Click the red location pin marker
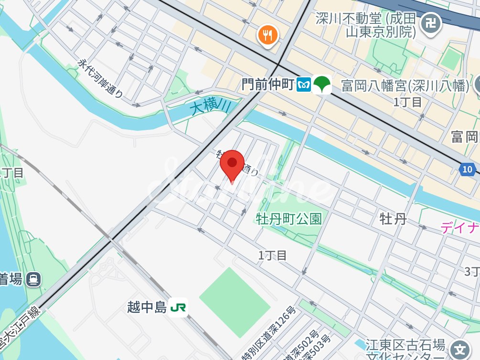click(232, 164)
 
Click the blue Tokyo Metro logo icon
click(304, 85)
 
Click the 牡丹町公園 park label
click(288, 219)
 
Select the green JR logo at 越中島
click(179, 307)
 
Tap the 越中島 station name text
click(147, 307)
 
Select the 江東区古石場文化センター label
click(405, 350)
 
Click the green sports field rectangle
click(235, 296)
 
